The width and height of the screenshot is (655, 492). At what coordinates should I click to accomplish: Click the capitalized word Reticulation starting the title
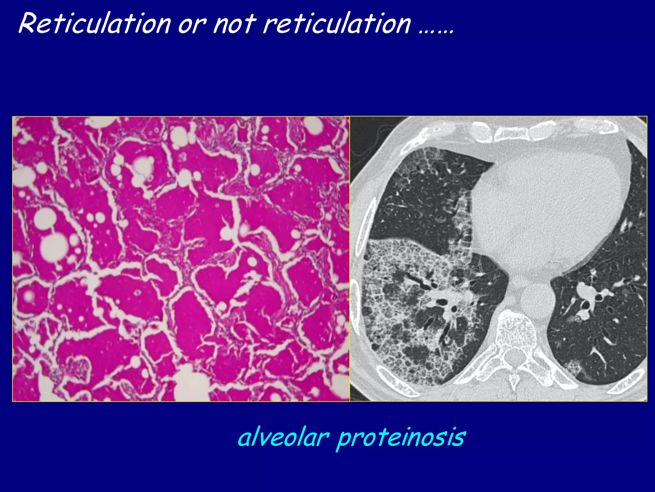pos(95,24)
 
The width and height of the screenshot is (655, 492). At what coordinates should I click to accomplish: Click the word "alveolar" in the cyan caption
pos(283,437)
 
